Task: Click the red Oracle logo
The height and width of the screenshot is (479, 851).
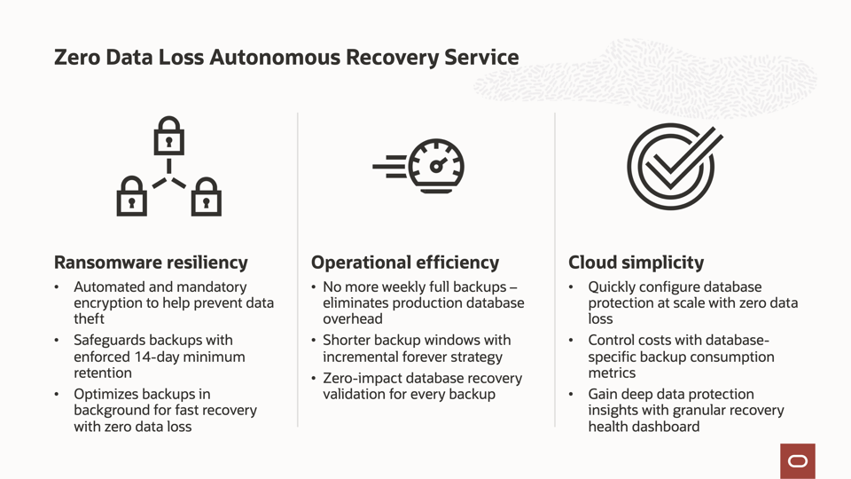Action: [798, 461]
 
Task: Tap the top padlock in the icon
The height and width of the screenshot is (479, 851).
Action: [168, 137]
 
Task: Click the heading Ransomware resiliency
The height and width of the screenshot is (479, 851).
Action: [151, 263]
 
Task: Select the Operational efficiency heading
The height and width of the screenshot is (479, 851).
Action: [405, 263]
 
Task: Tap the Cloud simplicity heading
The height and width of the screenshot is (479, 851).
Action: [636, 263]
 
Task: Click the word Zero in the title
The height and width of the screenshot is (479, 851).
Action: [75, 58]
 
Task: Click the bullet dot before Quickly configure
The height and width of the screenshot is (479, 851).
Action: [573, 287]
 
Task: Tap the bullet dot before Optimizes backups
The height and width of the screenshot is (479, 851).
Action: [58, 394]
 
